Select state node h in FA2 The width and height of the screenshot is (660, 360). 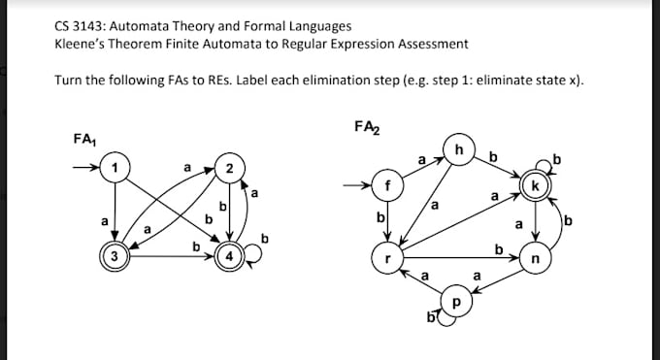pyautogui.click(x=459, y=149)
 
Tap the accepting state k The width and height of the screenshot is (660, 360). pyautogui.click(x=535, y=184)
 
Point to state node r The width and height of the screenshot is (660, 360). pyautogui.click(x=387, y=259)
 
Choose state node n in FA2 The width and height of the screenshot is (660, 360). pyautogui.click(x=535, y=259)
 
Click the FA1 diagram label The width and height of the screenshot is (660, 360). pyautogui.click(x=84, y=139)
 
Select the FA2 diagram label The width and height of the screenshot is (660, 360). pyautogui.click(x=367, y=126)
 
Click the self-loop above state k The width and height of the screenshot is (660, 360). pyautogui.click(x=549, y=164)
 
